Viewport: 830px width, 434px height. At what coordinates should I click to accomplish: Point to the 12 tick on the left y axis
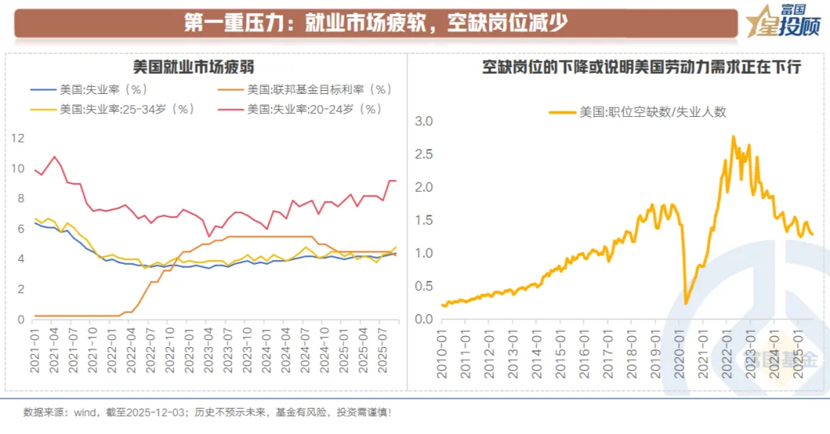coord(18,139)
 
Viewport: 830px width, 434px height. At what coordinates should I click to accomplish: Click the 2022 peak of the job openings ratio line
coord(732,137)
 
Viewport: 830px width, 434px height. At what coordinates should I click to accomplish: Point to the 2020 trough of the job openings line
coord(686,303)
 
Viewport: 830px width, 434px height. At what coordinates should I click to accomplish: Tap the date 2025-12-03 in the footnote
coord(163,412)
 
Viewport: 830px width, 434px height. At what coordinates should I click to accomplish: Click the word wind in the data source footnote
coord(85,412)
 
